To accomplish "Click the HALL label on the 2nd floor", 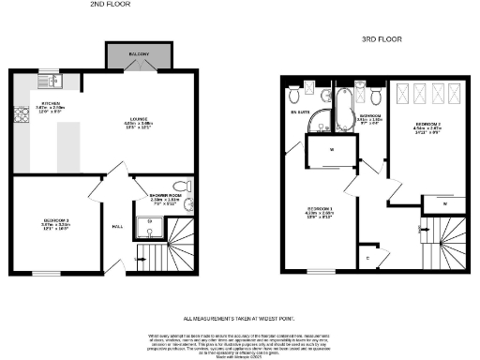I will (x=118, y=227).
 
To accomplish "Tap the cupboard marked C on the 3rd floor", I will (x=368, y=257).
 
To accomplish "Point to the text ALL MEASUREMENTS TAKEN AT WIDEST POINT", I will (x=239, y=319).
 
